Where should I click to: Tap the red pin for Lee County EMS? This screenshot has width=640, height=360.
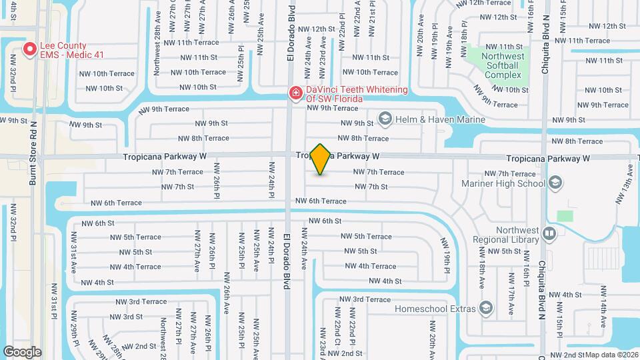point(30,49)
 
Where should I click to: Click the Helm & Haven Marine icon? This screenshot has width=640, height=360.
point(384,119)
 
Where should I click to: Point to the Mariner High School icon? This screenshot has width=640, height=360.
point(556,183)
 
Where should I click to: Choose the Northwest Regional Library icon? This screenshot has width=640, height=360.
point(549,233)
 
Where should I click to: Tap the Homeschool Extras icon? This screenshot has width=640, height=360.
point(485,308)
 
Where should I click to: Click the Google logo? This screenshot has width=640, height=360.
point(22,351)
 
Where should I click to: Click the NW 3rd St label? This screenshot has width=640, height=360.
point(129,317)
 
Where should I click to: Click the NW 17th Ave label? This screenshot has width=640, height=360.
point(511,287)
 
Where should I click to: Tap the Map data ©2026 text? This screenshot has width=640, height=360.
point(611,355)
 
